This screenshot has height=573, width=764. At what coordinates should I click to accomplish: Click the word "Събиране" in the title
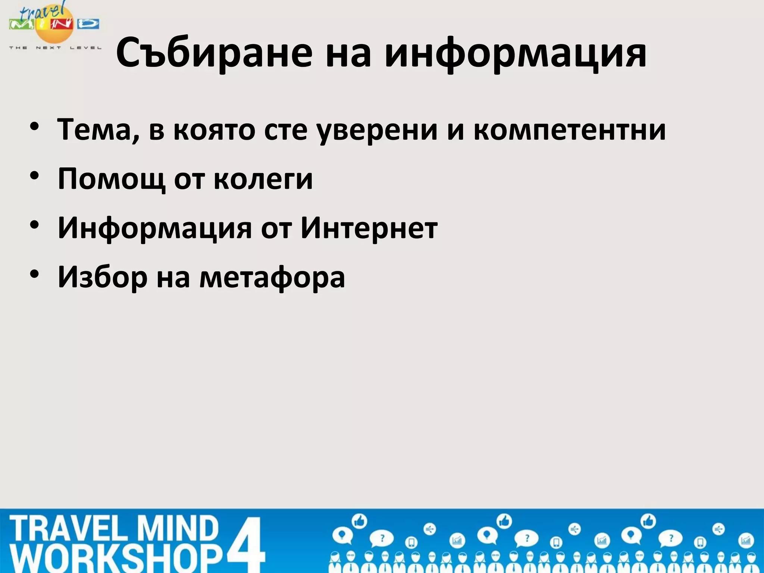coord(214,53)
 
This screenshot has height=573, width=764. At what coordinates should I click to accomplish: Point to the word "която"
coord(215,129)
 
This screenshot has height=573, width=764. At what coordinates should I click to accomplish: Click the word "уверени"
coord(377,129)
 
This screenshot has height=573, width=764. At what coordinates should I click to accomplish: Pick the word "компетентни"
coord(569,129)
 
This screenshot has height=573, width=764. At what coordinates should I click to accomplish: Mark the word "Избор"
coord(103,277)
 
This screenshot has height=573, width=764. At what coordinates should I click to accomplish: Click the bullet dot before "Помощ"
coord(35,176)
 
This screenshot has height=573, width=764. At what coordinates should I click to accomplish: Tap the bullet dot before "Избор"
coord(35,274)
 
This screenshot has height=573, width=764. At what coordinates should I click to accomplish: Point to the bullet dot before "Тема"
coord(35,127)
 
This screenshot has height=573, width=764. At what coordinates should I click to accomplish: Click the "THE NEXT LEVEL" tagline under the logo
coord(55,48)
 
